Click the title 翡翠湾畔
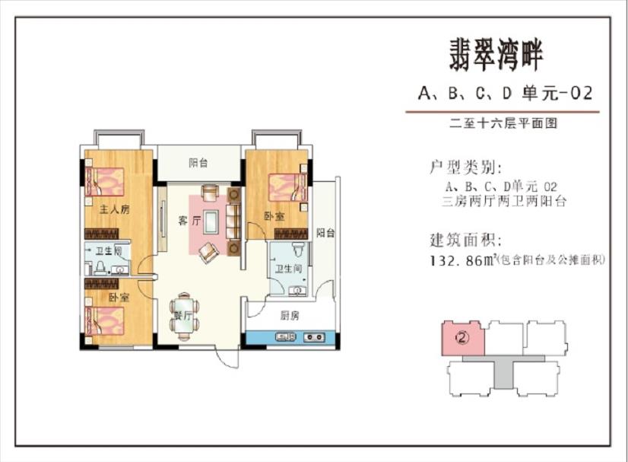(496, 56)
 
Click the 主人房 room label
(115, 209)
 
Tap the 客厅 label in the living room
(189, 221)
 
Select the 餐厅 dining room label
(183, 316)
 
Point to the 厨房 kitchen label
(289, 316)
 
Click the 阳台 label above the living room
(198, 163)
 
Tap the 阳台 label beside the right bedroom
(325, 233)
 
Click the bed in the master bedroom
(104, 182)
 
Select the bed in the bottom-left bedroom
(104, 321)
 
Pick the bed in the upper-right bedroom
(287, 187)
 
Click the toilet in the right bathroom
(298, 249)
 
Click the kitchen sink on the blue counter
(285, 337)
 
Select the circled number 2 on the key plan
(462, 338)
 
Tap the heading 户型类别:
(465, 167)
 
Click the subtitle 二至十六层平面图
(503, 123)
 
